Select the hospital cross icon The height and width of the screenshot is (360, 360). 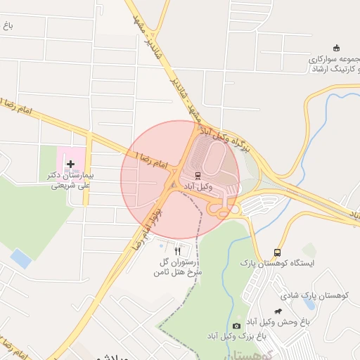(70, 165)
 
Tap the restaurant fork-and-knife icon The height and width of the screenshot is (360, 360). (177, 250)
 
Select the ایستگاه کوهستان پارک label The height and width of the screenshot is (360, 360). (278, 263)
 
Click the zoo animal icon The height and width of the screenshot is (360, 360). (278, 311)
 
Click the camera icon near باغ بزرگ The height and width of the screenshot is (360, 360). (236, 326)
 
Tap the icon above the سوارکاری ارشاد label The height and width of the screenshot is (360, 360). (336, 48)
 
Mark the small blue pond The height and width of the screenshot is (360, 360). (21, 259)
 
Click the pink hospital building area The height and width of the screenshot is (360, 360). (70, 159)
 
